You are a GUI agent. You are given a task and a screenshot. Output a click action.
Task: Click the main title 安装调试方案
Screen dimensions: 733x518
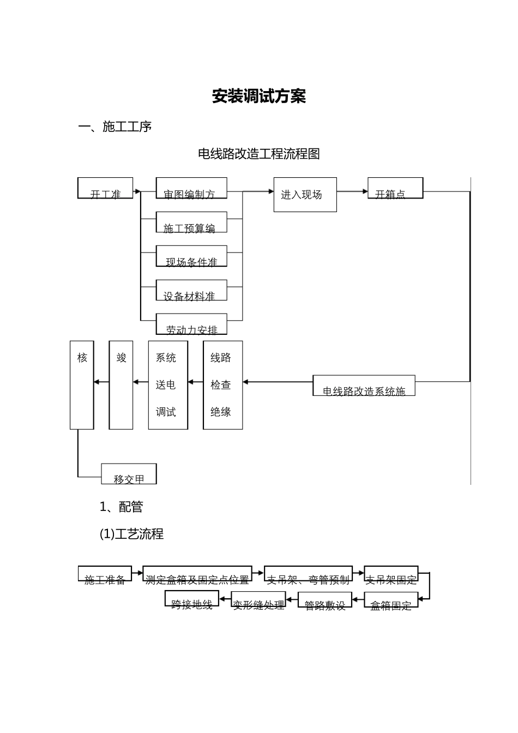258,97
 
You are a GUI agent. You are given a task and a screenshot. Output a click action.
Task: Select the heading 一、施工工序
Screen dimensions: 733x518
115,127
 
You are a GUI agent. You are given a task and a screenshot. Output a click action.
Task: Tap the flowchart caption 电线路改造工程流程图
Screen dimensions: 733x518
258,154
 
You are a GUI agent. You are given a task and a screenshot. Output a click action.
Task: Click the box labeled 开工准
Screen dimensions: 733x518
105,188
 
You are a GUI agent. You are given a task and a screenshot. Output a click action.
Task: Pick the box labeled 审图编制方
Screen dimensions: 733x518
191,188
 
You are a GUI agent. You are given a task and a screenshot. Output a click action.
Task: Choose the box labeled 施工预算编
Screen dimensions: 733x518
191,223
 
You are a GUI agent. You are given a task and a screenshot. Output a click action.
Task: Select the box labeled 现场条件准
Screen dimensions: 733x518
191,256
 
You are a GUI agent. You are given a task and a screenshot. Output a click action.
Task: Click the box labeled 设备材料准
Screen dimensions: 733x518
191,290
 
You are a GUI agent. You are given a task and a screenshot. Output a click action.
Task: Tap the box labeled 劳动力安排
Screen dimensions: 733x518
191,324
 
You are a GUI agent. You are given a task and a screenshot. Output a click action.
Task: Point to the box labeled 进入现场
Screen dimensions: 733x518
305,195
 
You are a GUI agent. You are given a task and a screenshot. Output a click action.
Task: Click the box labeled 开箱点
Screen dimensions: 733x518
395,188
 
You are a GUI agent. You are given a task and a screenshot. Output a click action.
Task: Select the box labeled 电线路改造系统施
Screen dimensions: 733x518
364,386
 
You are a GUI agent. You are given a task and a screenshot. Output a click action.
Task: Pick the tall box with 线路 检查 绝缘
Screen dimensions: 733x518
222,385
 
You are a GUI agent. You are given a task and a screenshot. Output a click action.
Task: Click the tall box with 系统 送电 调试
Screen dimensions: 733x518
168,385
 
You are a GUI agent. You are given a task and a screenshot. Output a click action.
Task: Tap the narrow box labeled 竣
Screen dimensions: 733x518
121,385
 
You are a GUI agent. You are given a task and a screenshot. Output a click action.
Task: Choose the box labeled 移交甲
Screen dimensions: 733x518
129,474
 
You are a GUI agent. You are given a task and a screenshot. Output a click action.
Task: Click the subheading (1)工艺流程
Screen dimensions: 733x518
131,534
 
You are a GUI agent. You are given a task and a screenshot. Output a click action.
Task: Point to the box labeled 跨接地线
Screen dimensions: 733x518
192,599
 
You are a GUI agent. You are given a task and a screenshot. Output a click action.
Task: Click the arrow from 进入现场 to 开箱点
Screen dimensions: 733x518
352,191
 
